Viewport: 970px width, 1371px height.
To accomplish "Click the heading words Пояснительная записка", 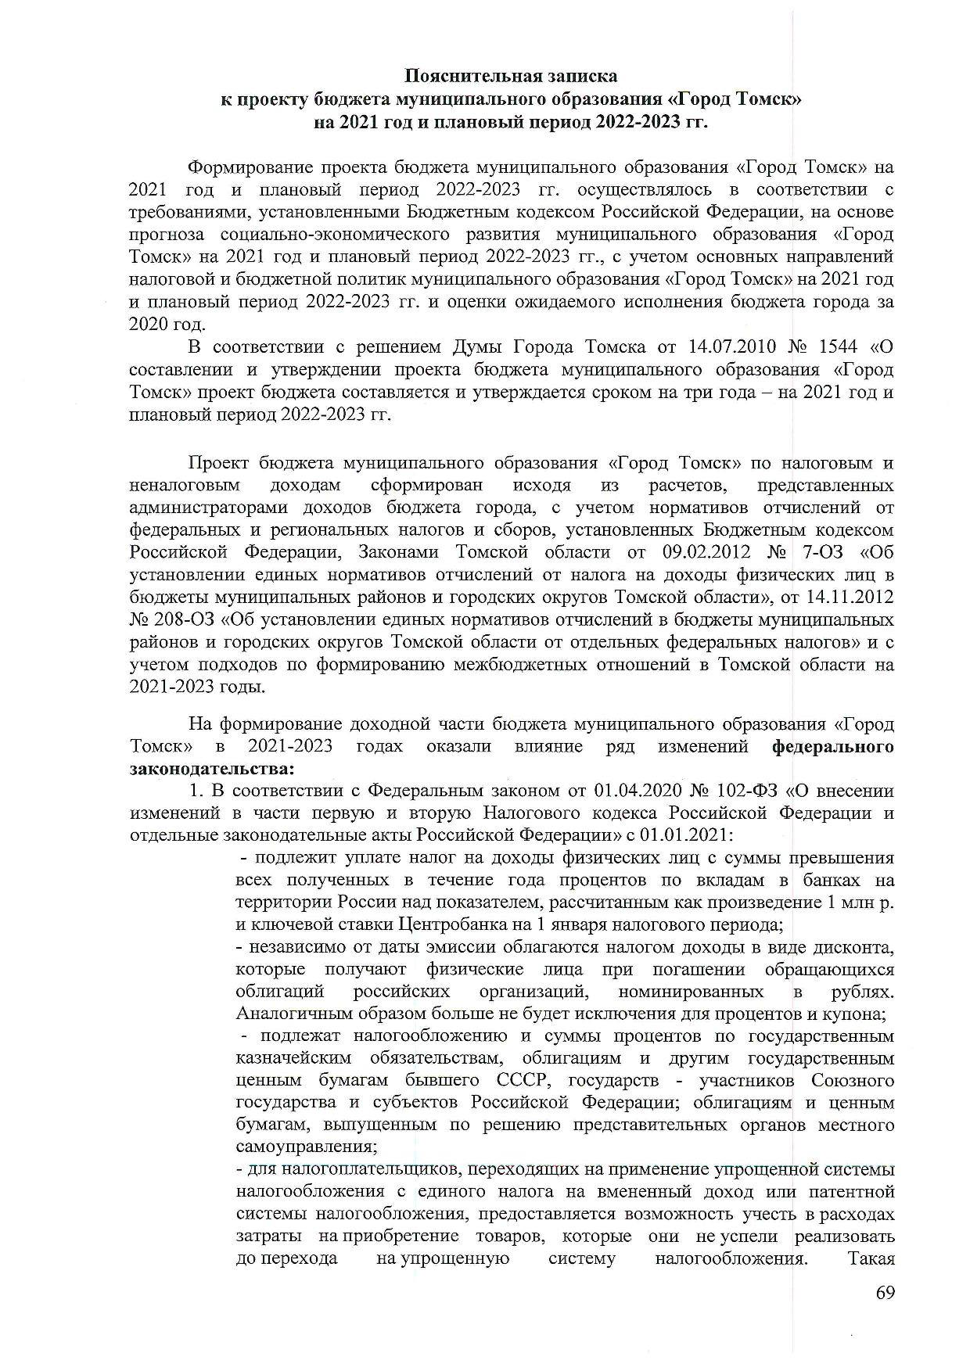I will coord(510,76).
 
